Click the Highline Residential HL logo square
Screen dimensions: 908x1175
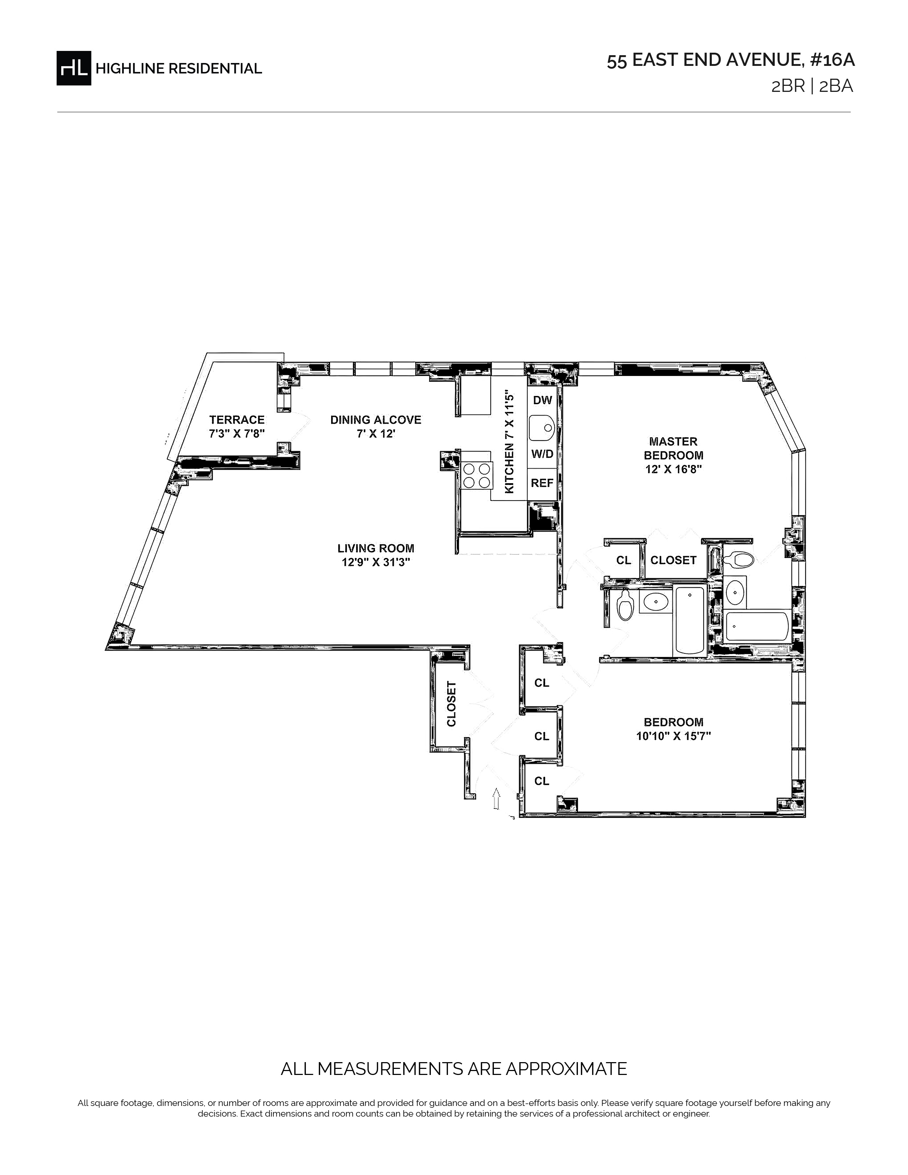click(x=74, y=68)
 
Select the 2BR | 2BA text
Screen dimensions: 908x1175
click(x=812, y=87)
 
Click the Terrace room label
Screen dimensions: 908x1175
click(x=237, y=420)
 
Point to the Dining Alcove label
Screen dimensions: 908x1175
click(x=375, y=420)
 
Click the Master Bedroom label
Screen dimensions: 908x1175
click(x=673, y=448)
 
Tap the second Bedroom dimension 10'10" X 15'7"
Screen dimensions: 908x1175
click(x=673, y=736)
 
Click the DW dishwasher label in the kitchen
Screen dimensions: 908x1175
click(x=543, y=400)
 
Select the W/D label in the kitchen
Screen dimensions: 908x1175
click(x=542, y=454)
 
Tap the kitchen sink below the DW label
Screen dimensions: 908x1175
click(x=542, y=428)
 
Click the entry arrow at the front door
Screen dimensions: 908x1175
click(x=496, y=798)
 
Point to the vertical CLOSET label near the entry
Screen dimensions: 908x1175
click(x=451, y=704)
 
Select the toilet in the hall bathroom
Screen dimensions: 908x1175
click(x=625, y=605)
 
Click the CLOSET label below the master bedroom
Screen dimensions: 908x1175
click(x=673, y=560)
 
